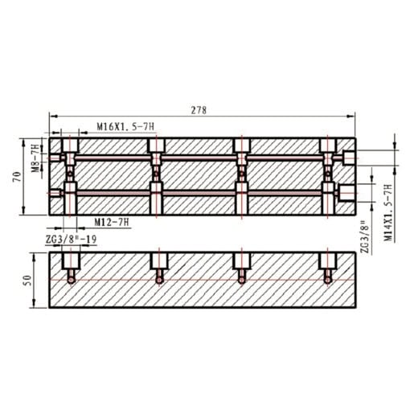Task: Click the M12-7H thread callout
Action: click(x=112, y=221)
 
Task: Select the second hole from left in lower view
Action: click(x=157, y=266)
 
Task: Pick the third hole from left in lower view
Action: click(x=241, y=266)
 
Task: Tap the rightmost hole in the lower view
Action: click(x=327, y=266)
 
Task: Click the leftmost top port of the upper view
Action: click(x=71, y=146)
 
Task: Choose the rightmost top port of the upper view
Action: click(x=328, y=146)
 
